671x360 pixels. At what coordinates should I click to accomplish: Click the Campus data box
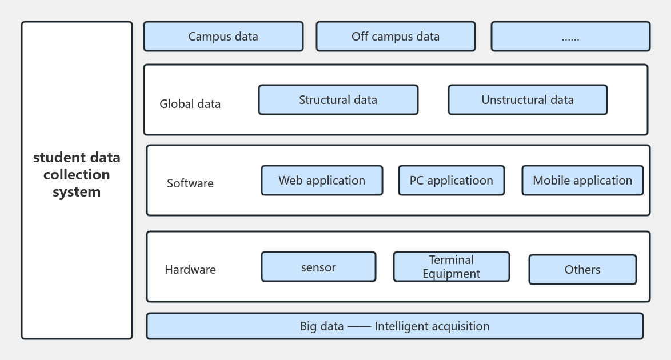[223, 37]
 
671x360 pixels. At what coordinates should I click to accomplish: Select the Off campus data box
[396, 37]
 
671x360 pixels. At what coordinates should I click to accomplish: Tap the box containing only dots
[570, 37]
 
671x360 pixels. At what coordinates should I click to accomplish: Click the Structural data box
[338, 100]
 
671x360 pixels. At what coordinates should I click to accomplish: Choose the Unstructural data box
[527, 100]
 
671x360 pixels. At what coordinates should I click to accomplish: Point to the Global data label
[190, 104]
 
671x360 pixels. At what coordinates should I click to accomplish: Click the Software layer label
[190, 183]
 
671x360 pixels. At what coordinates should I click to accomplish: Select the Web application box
[322, 181]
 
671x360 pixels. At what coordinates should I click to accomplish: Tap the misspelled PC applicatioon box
[451, 181]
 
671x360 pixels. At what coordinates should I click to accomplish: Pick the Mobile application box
[582, 181]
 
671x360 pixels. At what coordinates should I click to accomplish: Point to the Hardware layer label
[190, 270]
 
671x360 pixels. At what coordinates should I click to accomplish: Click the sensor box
[318, 267]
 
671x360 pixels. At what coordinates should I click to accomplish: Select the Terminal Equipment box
[451, 267]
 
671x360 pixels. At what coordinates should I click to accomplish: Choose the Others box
[582, 270]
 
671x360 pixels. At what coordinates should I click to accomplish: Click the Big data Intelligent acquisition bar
[394, 326]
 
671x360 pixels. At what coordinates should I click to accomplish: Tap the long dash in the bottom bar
[359, 326]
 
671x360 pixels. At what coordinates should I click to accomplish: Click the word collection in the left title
[77, 174]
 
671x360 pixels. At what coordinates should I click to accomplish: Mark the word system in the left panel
[77, 192]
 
